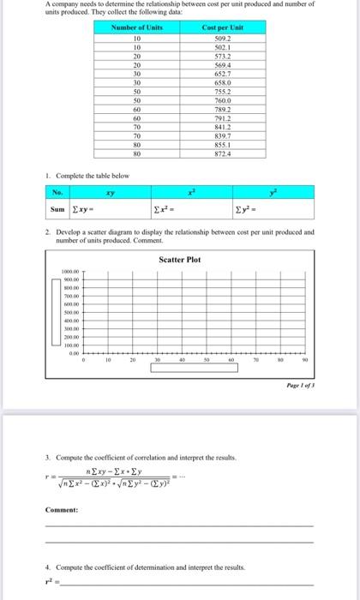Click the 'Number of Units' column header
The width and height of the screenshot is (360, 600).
click(137, 28)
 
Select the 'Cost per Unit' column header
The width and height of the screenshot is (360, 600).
click(222, 28)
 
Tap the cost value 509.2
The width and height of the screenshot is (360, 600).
click(222, 38)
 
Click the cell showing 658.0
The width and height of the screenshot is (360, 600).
click(222, 83)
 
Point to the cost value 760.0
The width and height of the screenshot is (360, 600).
click(222, 101)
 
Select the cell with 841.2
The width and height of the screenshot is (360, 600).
click(222, 129)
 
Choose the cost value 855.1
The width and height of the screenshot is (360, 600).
click(222, 147)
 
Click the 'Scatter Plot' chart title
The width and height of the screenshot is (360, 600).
click(179, 259)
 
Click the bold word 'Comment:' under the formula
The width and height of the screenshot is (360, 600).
click(60, 509)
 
